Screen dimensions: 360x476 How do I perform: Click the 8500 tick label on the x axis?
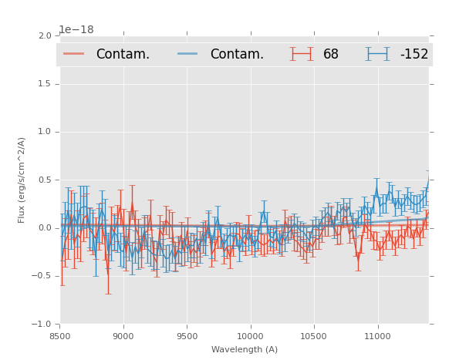tap(60, 336)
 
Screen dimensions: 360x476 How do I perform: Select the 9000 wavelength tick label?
tap(123, 336)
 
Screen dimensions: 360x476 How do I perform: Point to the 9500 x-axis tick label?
tap(187, 336)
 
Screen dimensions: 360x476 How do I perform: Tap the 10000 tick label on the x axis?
tap(250, 336)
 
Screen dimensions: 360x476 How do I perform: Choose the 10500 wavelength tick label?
tap(314, 336)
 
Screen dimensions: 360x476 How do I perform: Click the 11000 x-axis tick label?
tap(377, 336)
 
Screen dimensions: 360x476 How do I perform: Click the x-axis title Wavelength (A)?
tap(245, 350)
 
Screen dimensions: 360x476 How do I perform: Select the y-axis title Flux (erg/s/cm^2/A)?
tap(22, 180)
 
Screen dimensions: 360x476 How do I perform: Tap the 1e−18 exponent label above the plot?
tap(76, 30)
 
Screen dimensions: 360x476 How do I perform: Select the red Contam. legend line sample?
tap(74, 54)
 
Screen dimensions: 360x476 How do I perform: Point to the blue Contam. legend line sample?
tap(188, 54)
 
